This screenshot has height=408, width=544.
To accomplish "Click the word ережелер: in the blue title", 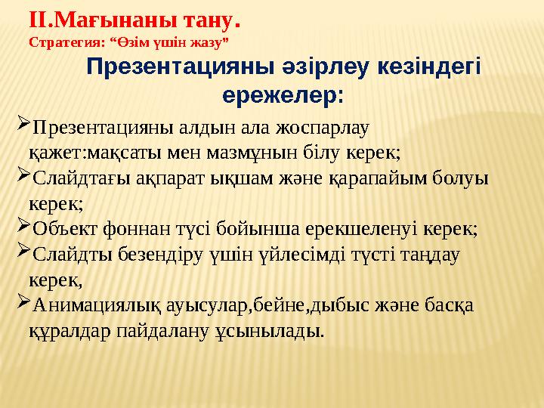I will (x=283, y=96).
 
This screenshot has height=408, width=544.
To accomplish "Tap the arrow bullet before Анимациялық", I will (x=21, y=304).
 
